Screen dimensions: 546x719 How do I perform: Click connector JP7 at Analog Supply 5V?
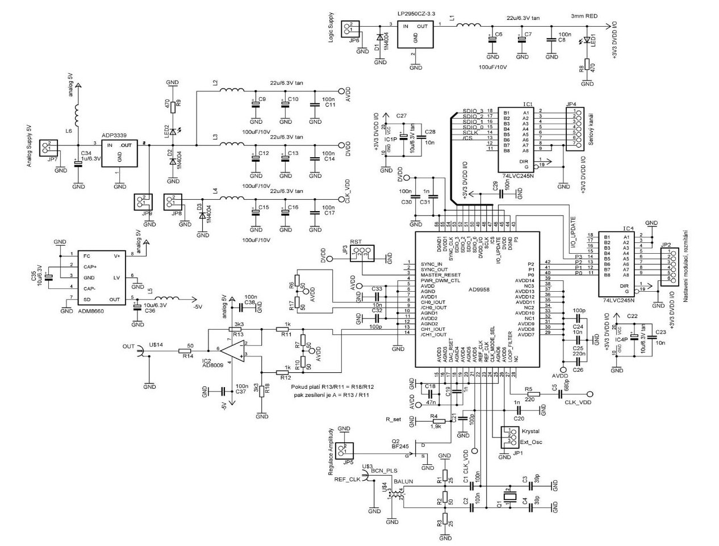point(49,149)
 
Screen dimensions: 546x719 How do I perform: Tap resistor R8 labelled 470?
point(587,69)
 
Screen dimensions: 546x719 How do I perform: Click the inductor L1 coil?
point(469,25)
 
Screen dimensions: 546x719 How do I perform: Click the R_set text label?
point(394,419)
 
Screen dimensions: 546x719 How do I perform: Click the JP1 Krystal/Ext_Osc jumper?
point(504,436)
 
